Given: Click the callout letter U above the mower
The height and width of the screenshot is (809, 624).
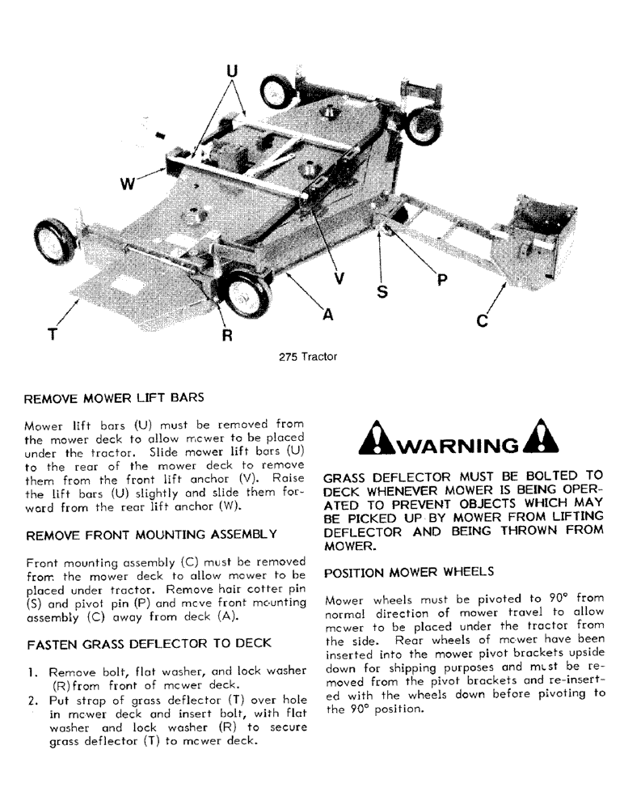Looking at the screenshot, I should (x=233, y=70).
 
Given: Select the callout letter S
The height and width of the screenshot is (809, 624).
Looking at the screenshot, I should (x=382, y=291).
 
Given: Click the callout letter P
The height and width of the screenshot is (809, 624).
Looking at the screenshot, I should (x=441, y=280).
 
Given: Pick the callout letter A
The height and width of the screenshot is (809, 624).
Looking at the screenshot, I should (x=327, y=316).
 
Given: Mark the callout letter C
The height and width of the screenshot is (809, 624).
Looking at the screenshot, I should (x=483, y=321).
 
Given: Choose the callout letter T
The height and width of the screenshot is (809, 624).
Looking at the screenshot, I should (x=53, y=333).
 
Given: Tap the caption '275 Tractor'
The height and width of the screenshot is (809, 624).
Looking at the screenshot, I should (x=308, y=357).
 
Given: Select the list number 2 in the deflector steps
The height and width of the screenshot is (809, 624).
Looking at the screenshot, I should (x=31, y=701).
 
